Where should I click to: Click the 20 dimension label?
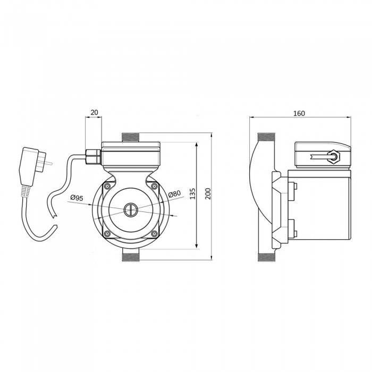coord(94,112)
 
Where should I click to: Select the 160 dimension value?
coord(299,113)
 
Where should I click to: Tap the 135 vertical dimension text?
coord(193,193)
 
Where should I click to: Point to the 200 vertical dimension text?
coord(208,193)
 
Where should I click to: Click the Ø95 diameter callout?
coord(77,198)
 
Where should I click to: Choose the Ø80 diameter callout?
coord(174,194)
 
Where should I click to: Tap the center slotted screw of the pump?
coord(131,210)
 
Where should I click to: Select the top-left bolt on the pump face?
coord(107,186)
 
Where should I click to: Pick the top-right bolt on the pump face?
coord(154,186)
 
